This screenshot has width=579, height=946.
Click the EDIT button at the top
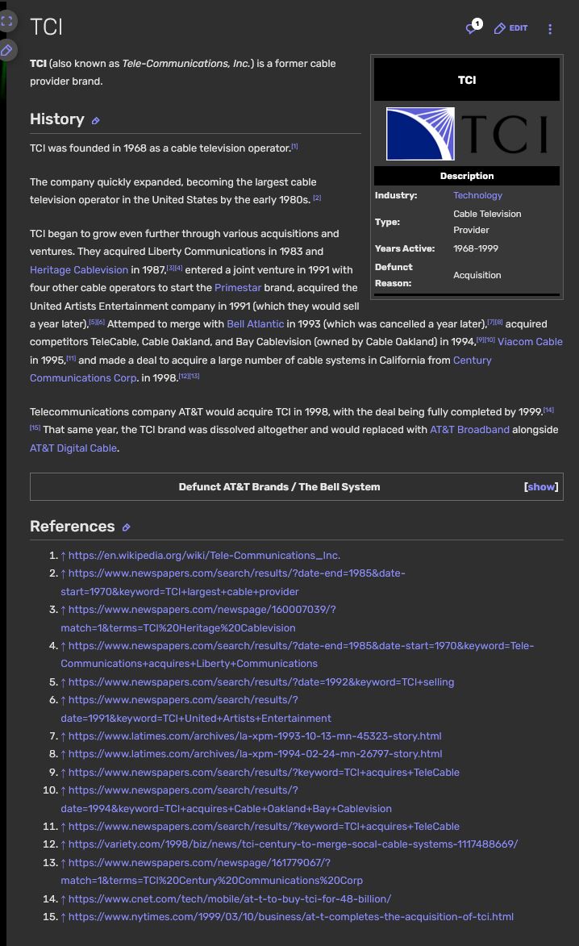point(510,28)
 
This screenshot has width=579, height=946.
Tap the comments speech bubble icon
point(473,28)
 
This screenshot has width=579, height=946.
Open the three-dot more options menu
point(550,29)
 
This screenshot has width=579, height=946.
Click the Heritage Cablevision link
point(79,269)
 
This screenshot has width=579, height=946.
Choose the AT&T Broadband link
point(469,430)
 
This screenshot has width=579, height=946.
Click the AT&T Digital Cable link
point(73,448)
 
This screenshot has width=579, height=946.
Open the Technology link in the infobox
point(477,195)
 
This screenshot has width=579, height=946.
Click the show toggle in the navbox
point(541,487)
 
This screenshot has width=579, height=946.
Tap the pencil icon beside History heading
point(95,121)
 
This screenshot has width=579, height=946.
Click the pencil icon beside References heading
point(126,527)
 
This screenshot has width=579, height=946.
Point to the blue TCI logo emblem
point(420,134)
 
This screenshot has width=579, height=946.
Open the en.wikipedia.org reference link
point(204,555)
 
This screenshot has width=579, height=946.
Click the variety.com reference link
point(293,844)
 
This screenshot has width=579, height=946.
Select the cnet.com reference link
point(230,898)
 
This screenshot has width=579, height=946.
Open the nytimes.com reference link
point(290,916)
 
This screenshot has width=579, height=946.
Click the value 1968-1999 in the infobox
point(476,248)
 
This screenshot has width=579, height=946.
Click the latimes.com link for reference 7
point(255,736)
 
